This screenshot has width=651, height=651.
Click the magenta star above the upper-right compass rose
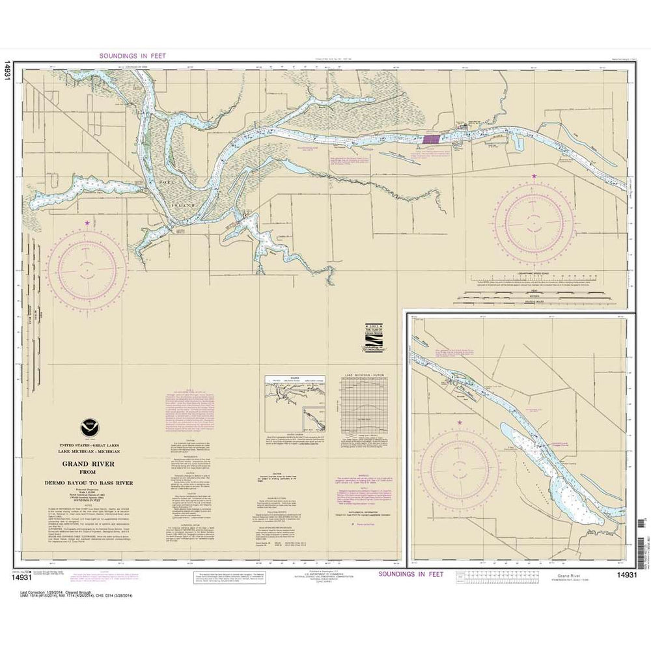click(535, 176)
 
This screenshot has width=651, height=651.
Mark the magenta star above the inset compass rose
click(460, 423)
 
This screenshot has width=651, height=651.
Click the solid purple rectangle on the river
click(430, 139)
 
